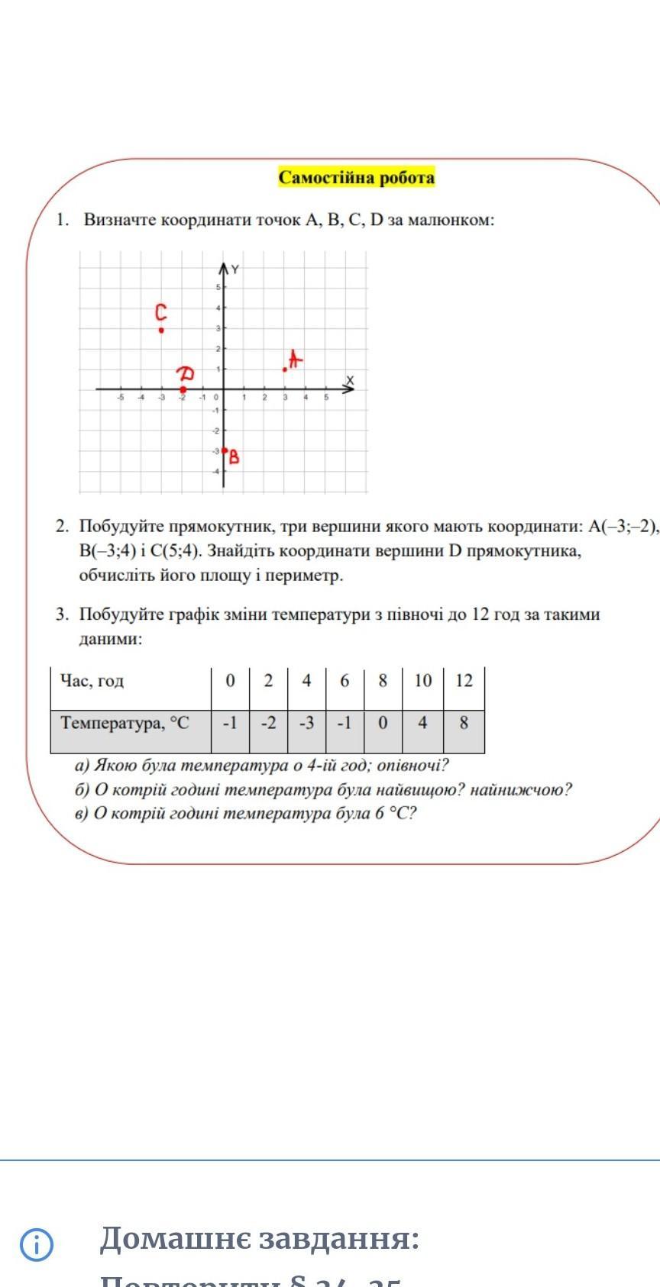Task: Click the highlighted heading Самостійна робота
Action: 356,178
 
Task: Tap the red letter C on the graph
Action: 160,313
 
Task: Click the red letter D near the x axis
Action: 186,374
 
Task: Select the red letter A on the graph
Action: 295,359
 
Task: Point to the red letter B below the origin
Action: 234,457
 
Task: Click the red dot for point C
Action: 161,331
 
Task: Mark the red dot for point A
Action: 285,369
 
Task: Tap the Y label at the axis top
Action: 235,269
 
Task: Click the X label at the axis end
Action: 350,380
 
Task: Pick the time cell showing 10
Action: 422,681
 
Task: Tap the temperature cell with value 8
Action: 464,723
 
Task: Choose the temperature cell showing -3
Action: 306,723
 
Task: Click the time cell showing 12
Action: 464,681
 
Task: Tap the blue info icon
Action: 37,1245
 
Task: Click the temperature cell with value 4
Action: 422,723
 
